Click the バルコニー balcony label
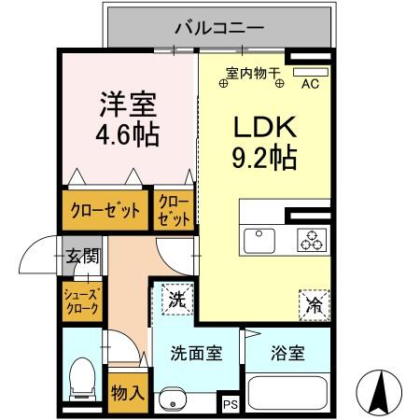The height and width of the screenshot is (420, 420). click(x=219, y=27)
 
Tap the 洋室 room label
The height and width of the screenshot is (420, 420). click(x=128, y=100)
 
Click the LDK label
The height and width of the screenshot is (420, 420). click(x=264, y=128)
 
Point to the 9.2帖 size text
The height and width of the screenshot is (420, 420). click(x=264, y=158)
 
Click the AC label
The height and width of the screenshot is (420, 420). click(x=310, y=82)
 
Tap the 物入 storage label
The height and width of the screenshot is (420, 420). click(x=127, y=392)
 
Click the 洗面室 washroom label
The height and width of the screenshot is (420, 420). click(x=196, y=354)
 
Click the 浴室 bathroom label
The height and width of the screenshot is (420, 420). click(x=287, y=354)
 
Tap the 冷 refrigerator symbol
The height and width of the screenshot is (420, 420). click(x=313, y=303)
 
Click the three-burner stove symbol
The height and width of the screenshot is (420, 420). click(x=310, y=240)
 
